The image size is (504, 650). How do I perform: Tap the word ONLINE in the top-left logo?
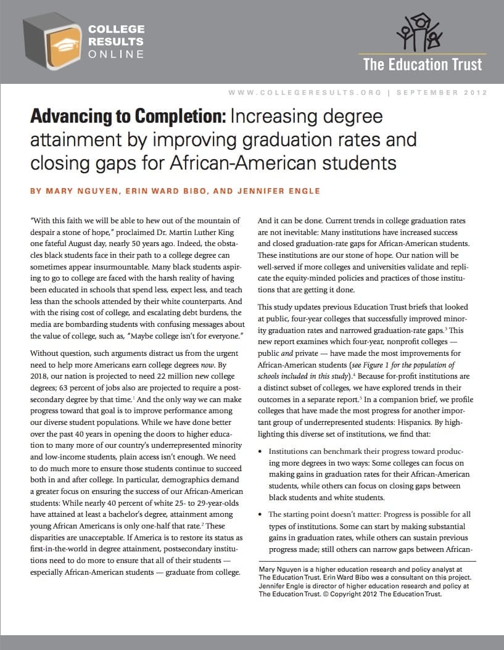pyautogui.click(x=117, y=54)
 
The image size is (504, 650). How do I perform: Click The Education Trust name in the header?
pyautogui.click(x=423, y=64)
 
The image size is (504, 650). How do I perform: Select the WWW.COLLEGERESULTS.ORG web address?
pyautogui.click(x=305, y=93)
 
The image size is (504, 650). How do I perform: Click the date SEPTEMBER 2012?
pyautogui.click(x=442, y=93)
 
